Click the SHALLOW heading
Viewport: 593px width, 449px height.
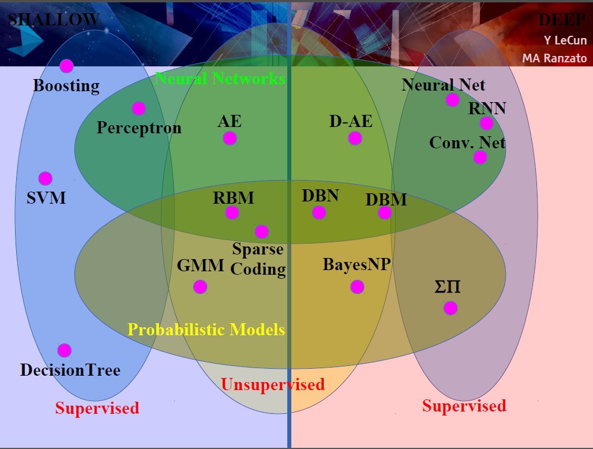pyautogui.click(x=54, y=20)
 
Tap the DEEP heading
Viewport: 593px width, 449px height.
pyautogui.click(x=562, y=20)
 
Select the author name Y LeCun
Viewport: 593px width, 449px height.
pyautogui.click(x=565, y=40)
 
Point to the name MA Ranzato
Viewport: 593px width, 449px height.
pyautogui.click(x=554, y=58)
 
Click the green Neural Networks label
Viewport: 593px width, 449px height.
pyautogui.click(x=220, y=78)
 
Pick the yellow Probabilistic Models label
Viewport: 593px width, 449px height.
pyautogui.click(x=206, y=330)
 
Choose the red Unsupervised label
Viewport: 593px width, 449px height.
pyautogui.click(x=273, y=384)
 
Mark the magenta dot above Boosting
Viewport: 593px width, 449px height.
pyautogui.click(x=66, y=66)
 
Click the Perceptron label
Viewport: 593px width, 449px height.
pyautogui.click(x=139, y=128)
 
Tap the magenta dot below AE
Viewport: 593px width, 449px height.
pyautogui.click(x=230, y=138)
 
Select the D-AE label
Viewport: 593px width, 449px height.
pyautogui.click(x=351, y=121)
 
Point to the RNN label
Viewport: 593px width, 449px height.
pyautogui.click(x=487, y=108)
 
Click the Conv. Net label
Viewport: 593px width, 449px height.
pyautogui.click(x=467, y=143)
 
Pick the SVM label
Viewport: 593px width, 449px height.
pyautogui.click(x=46, y=198)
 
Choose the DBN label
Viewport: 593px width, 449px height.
pyautogui.click(x=320, y=196)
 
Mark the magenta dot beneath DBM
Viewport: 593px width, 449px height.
pyautogui.click(x=385, y=212)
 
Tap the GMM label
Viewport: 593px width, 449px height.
pyautogui.click(x=200, y=265)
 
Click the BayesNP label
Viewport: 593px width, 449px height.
pyautogui.click(x=356, y=264)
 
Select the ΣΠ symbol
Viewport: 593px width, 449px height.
pyautogui.click(x=448, y=287)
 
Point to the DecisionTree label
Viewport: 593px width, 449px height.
pyautogui.click(x=70, y=370)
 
